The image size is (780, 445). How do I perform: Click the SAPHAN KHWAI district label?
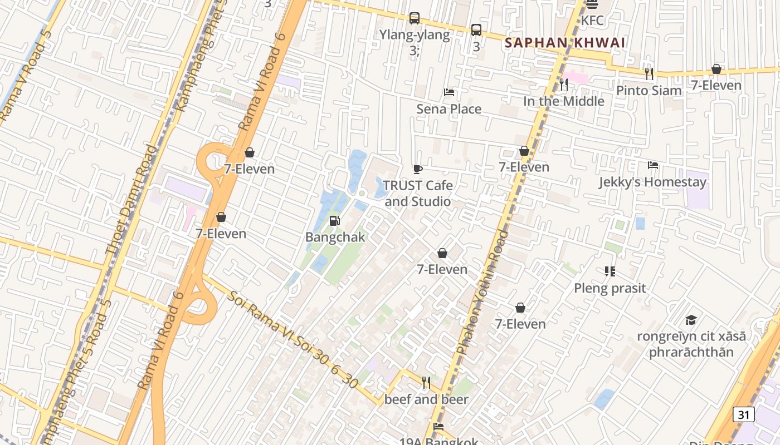click(x=564, y=43)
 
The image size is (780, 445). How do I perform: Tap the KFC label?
click(x=592, y=21)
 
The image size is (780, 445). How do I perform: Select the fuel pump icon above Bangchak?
click(x=334, y=221)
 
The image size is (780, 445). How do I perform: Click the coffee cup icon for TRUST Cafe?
click(x=417, y=169)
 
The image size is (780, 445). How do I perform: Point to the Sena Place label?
click(x=448, y=109)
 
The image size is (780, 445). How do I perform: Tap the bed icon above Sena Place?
click(x=448, y=92)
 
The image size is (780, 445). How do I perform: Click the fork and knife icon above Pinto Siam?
click(x=649, y=73)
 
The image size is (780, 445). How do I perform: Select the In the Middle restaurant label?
click(x=563, y=101)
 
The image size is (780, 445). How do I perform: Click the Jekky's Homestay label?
click(x=652, y=182)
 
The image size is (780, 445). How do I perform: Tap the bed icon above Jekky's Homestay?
click(x=652, y=165)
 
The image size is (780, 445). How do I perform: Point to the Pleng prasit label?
click(x=610, y=288)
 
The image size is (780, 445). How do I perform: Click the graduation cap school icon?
click(x=691, y=320)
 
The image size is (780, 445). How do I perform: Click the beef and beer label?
click(x=426, y=399)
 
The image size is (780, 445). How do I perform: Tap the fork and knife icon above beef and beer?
click(x=426, y=382)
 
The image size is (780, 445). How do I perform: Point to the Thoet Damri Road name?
click(x=132, y=200)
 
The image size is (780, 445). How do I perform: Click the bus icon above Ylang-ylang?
click(x=414, y=18)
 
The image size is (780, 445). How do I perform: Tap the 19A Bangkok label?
click(x=438, y=441)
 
